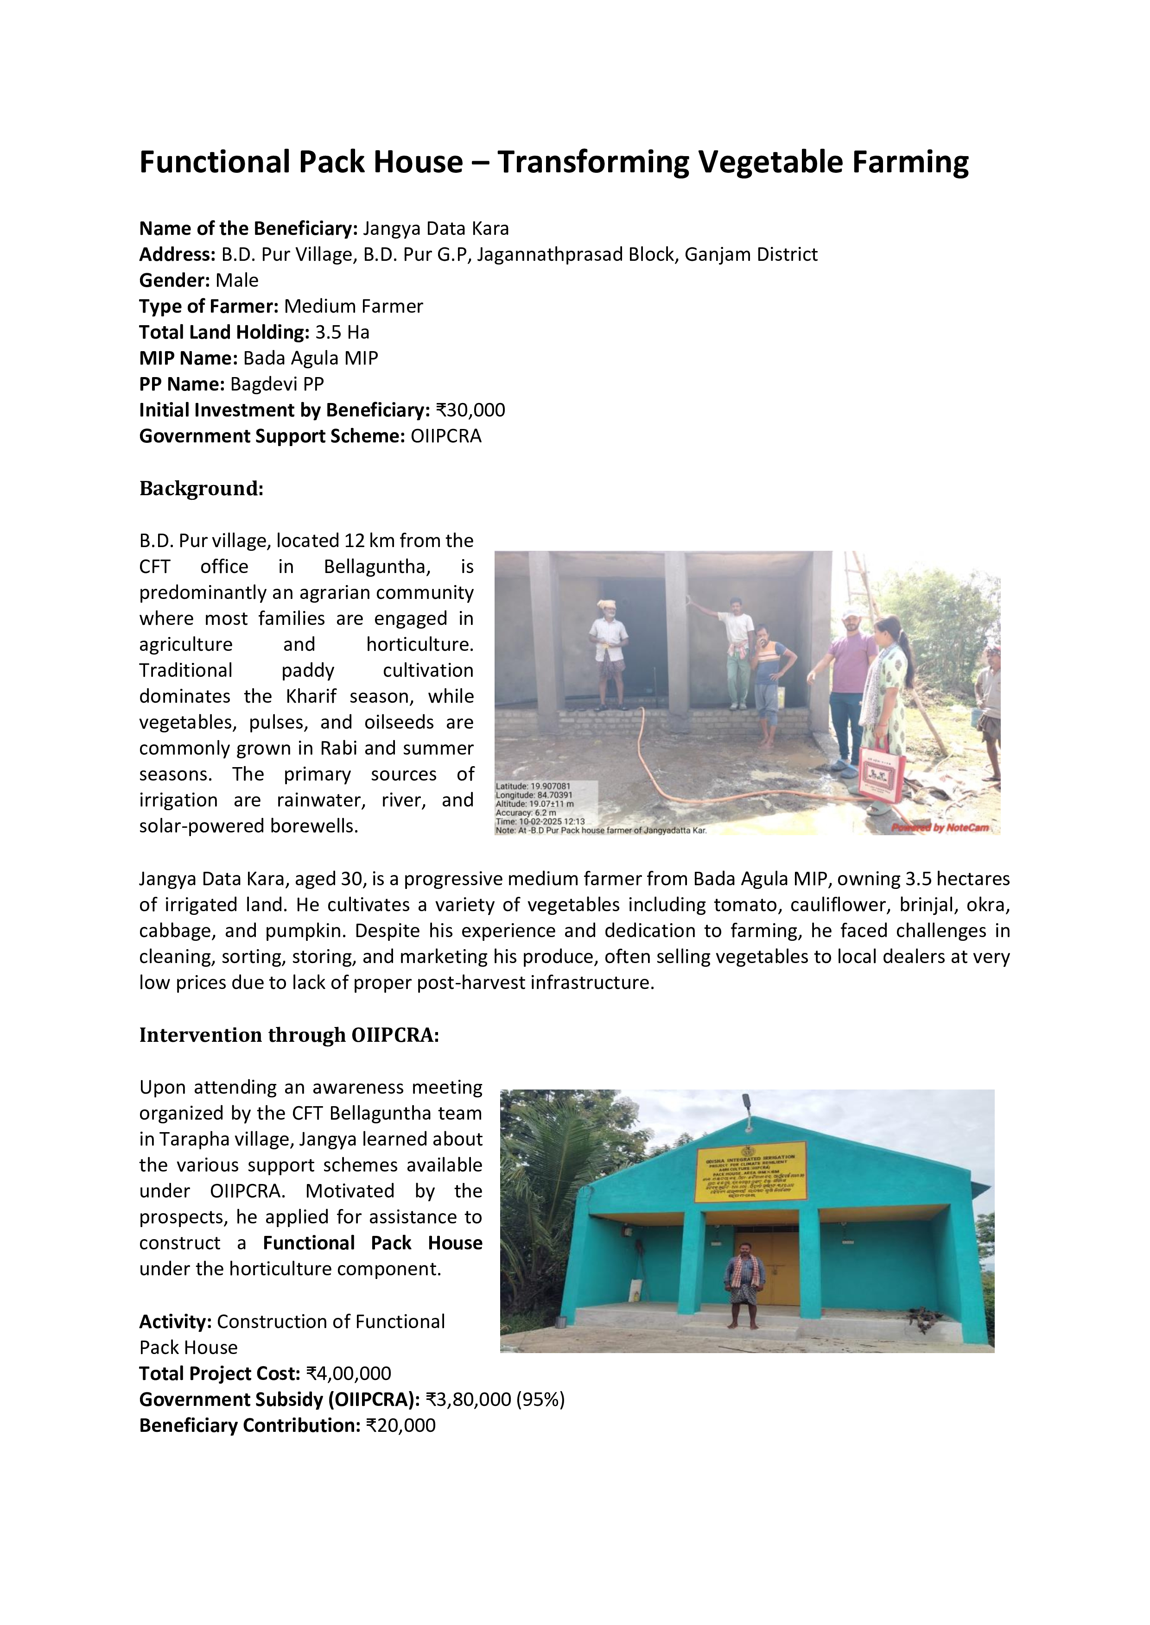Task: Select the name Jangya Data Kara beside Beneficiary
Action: coord(436,229)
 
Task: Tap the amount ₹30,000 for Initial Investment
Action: coord(470,410)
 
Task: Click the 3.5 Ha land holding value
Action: coord(342,333)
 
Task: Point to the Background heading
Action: coord(201,488)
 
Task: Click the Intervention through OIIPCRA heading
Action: coord(289,1035)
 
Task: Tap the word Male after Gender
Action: coord(237,280)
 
